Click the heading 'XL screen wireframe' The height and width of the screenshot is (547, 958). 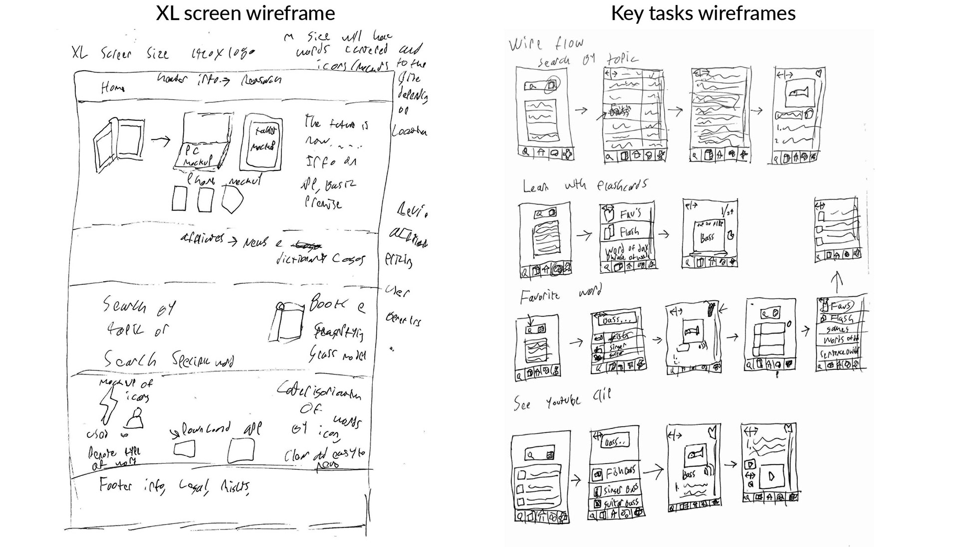[245, 13]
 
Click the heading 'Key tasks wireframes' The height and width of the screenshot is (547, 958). [703, 13]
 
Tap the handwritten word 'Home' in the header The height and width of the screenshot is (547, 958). [112, 88]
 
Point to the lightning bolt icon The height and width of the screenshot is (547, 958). [109, 404]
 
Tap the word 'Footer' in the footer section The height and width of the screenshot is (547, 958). [115, 485]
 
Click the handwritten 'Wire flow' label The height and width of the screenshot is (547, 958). [546, 44]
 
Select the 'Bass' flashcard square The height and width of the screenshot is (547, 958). [708, 237]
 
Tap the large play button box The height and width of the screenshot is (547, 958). [771, 476]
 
